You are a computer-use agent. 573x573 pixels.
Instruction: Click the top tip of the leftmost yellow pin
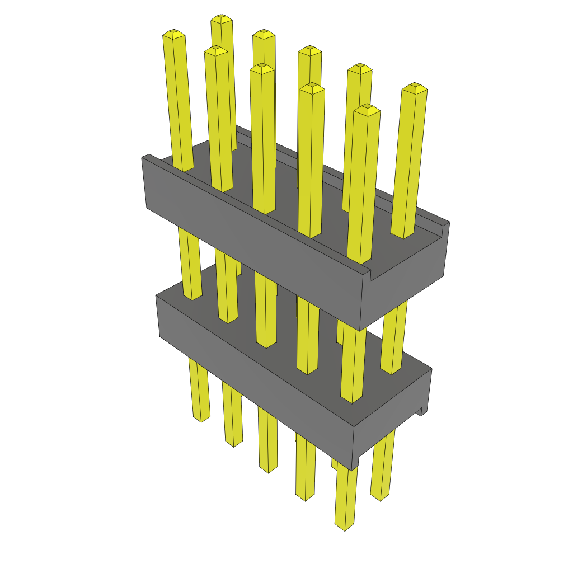pyautogui.click(x=173, y=34)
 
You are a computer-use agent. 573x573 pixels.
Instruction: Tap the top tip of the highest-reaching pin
pyautogui.click(x=222, y=18)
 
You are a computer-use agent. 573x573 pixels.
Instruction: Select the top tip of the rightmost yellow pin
pyautogui.click(x=415, y=87)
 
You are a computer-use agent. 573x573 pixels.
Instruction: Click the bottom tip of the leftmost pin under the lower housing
pyautogui.click(x=201, y=418)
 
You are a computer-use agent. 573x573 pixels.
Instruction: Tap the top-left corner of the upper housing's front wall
pyautogui.click(x=143, y=158)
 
